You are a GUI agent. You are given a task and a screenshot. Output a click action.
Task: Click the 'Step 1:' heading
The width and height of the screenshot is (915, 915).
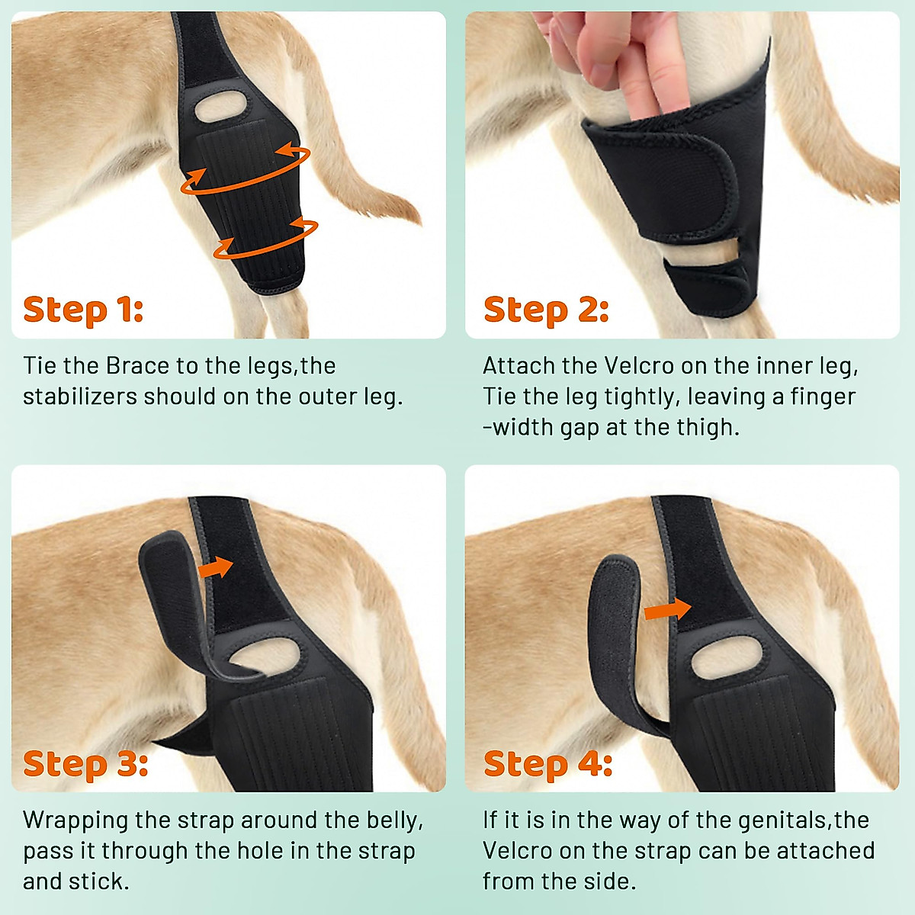83,310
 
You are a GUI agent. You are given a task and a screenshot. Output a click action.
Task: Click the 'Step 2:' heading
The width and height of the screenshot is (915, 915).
546,310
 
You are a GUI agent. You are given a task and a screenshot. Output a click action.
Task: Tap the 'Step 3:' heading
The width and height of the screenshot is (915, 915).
85,763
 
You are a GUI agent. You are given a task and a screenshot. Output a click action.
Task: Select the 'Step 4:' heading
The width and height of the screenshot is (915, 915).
547,763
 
